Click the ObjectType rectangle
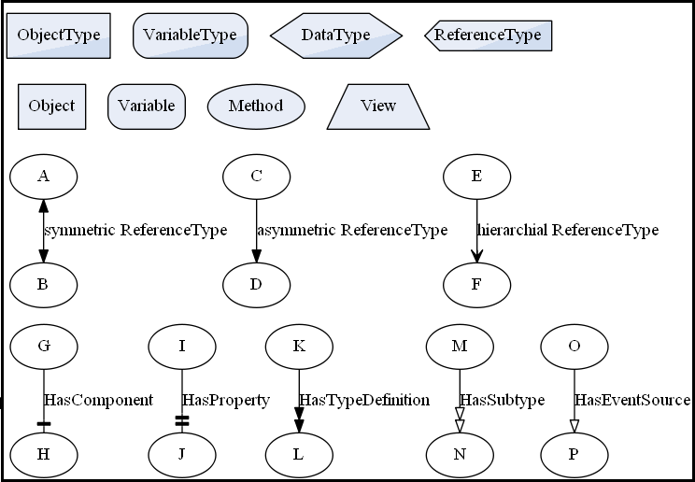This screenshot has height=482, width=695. pyautogui.click(x=59, y=35)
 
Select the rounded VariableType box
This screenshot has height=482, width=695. pyautogui.click(x=191, y=35)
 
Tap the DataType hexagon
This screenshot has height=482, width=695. pyautogui.click(x=336, y=35)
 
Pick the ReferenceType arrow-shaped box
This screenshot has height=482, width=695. pyautogui.click(x=489, y=35)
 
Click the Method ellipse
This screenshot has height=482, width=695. pyautogui.click(x=255, y=106)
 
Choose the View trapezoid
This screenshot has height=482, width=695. pyautogui.click(x=378, y=106)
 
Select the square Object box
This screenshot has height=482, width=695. pyautogui.click(x=51, y=106)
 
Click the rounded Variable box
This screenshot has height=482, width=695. pyautogui.click(x=147, y=106)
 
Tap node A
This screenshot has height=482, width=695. pyautogui.click(x=43, y=176)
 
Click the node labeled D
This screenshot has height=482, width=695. pyautogui.click(x=256, y=284)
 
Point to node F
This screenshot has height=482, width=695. pyautogui.click(x=476, y=284)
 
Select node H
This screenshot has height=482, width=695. pyautogui.click(x=43, y=455)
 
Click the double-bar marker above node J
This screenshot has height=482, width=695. pyautogui.click(x=182, y=422)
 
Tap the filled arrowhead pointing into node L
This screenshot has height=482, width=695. pyautogui.click(x=299, y=425)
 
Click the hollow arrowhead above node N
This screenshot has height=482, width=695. pyautogui.click(x=460, y=425)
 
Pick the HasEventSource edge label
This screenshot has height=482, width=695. pyautogui.click(x=631, y=400)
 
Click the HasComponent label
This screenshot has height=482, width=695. pyautogui.click(x=99, y=400)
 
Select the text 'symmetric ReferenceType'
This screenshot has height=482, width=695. pyautogui.click(x=135, y=230)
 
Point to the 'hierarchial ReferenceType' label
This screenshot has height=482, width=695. pyautogui.click(x=568, y=230)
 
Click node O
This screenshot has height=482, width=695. pyautogui.click(x=574, y=346)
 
